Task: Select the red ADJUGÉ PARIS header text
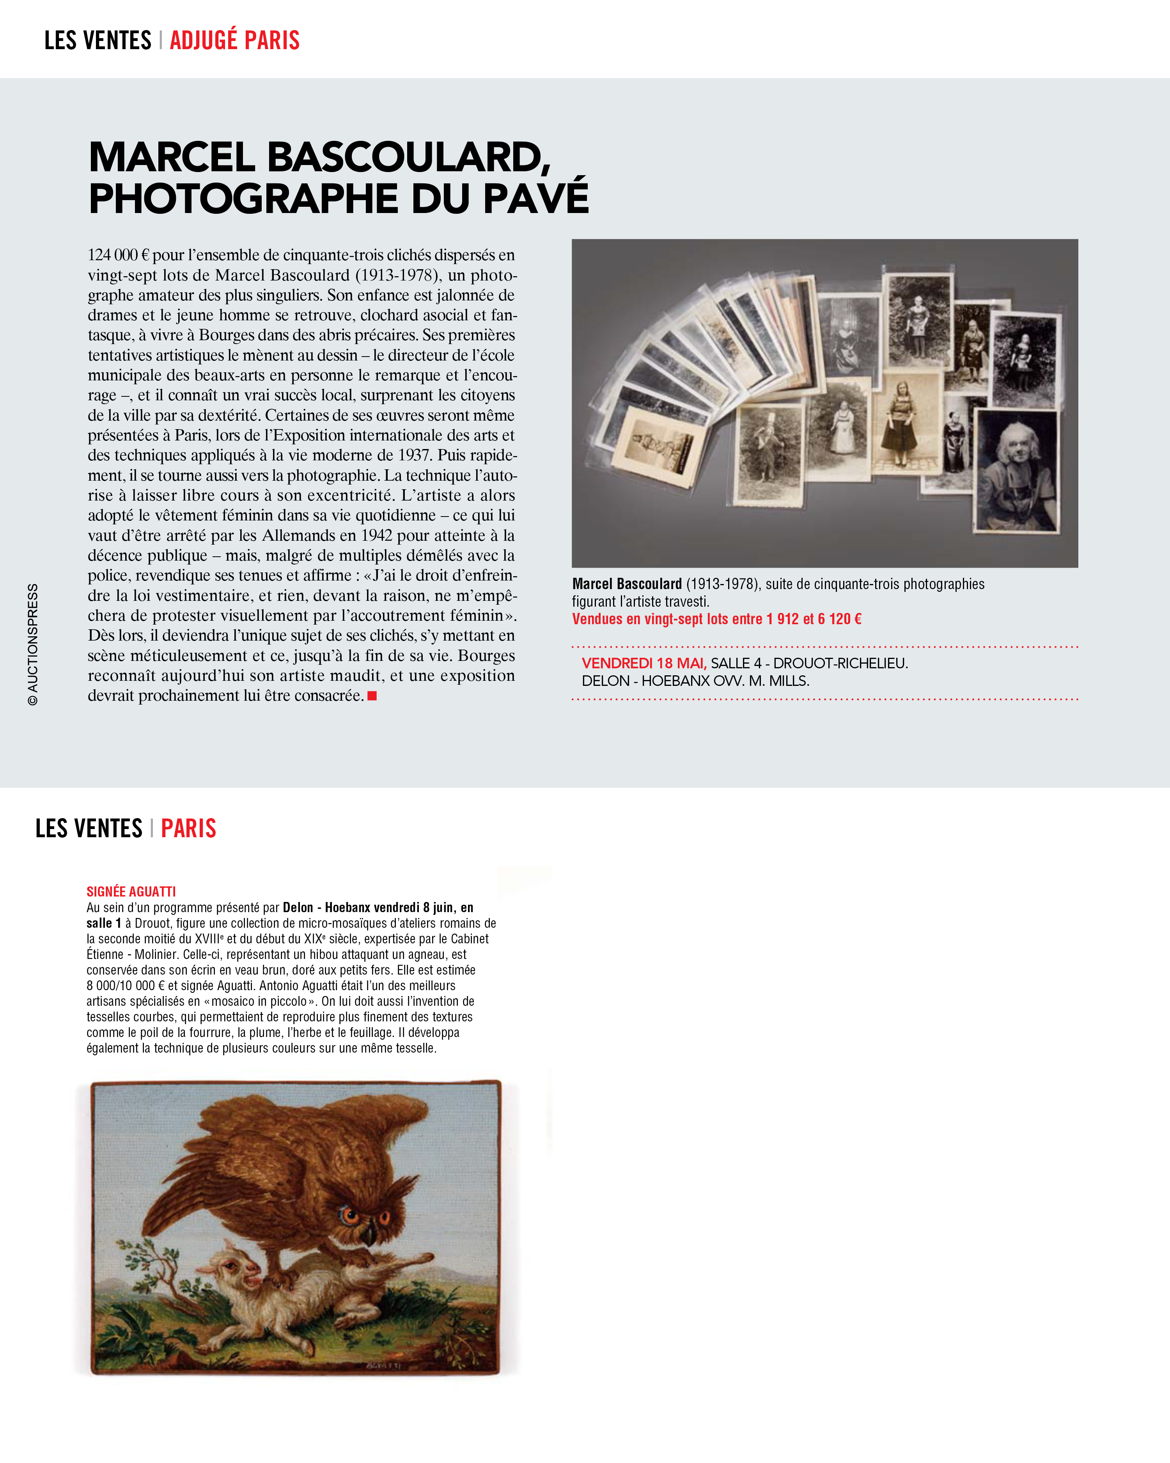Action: point(235,41)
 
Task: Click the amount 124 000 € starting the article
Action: point(118,255)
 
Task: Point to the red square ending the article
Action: point(372,696)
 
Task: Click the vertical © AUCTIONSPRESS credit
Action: point(32,644)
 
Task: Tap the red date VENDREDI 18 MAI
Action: point(643,663)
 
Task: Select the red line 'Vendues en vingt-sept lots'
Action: point(716,619)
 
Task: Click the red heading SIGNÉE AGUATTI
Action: point(131,891)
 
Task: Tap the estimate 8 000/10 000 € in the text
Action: point(126,985)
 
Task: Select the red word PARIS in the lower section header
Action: point(188,829)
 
